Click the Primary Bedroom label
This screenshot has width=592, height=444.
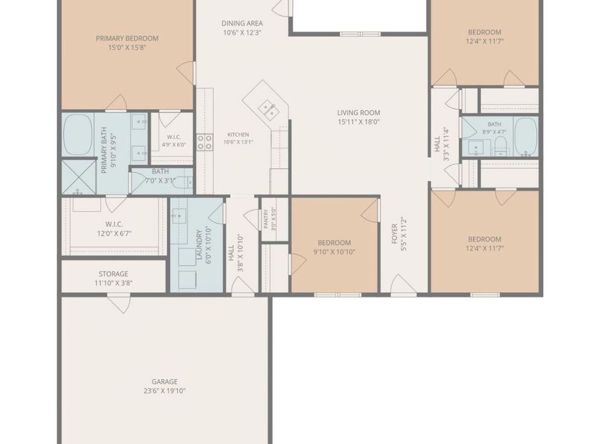(x=127, y=38)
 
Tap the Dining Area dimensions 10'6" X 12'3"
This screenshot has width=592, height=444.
(x=242, y=32)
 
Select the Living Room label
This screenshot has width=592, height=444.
(x=358, y=112)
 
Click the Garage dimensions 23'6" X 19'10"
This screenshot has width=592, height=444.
(x=164, y=391)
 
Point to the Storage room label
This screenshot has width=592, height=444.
(x=113, y=274)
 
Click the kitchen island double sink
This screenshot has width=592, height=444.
(x=268, y=109)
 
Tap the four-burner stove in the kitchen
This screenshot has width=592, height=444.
(x=205, y=143)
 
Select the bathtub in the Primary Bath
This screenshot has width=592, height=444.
(x=78, y=134)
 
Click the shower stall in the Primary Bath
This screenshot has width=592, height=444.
(x=78, y=177)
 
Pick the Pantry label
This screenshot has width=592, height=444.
(x=266, y=219)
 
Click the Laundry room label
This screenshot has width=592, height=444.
(x=199, y=245)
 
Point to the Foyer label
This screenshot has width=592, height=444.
(x=394, y=234)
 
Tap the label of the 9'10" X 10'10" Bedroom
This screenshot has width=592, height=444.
(x=334, y=243)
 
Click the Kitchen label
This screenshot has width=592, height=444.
(x=238, y=134)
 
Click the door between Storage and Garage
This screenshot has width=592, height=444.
(x=119, y=303)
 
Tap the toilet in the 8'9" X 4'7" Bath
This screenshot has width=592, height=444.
(x=501, y=147)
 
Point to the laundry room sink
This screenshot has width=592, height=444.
(x=179, y=216)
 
